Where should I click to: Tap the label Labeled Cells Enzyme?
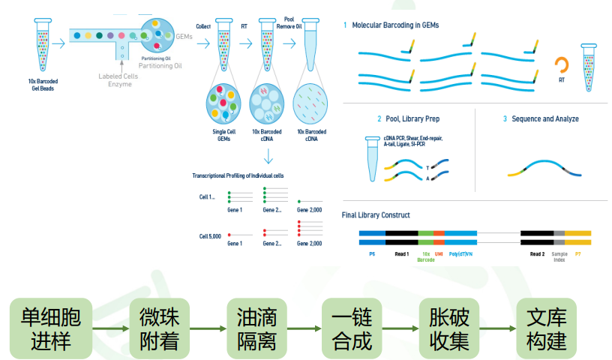115,80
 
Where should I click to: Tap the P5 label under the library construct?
372,254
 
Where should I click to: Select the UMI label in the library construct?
439,254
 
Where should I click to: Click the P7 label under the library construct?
577,254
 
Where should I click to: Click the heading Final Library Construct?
376,215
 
